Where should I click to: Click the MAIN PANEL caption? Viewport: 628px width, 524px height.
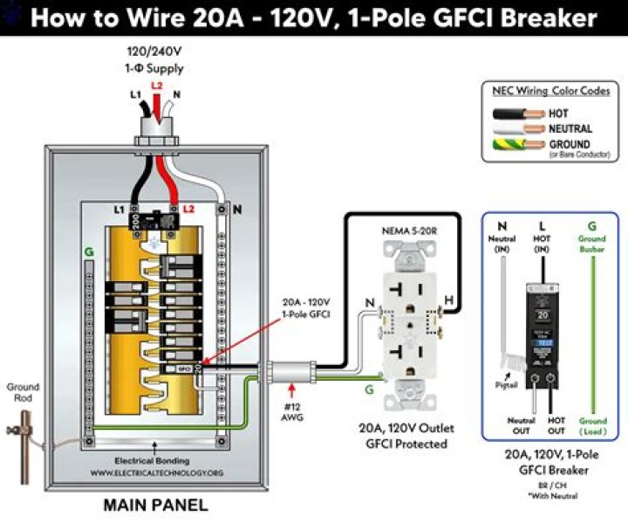click(156, 505)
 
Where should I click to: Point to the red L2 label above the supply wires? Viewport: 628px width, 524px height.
click(156, 86)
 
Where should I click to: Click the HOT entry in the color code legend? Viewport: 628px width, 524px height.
click(558, 114)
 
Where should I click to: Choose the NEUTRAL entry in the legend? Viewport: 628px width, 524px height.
click(570, 128)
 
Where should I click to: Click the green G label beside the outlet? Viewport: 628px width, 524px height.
click(369, 390)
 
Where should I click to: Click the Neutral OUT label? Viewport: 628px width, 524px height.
click(522, 425)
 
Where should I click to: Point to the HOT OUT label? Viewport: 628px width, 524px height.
click(556, 425)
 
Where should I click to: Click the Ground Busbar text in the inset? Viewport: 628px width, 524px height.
click(592, 243)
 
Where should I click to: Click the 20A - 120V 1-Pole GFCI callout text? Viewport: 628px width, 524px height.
click(306, 308)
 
